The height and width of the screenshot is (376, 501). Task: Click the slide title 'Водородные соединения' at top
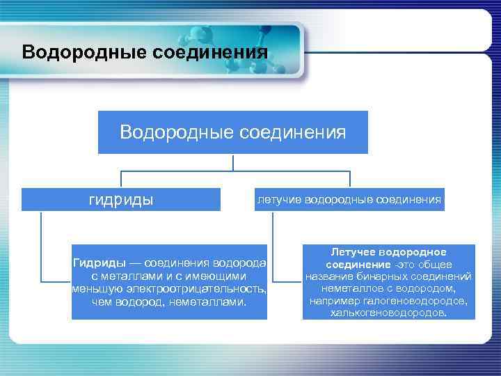145,52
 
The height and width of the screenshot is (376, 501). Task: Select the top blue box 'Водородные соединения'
232,132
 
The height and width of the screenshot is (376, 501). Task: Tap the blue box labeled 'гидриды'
121,200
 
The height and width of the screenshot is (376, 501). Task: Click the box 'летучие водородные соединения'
349,200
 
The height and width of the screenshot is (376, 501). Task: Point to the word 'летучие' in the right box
276,200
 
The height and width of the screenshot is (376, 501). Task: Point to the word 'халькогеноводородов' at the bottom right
389,313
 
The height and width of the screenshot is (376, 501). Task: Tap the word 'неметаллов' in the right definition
351,288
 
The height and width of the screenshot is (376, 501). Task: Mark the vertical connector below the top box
232,162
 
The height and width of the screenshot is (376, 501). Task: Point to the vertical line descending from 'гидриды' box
41,244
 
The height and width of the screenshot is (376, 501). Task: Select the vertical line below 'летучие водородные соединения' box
273,244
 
